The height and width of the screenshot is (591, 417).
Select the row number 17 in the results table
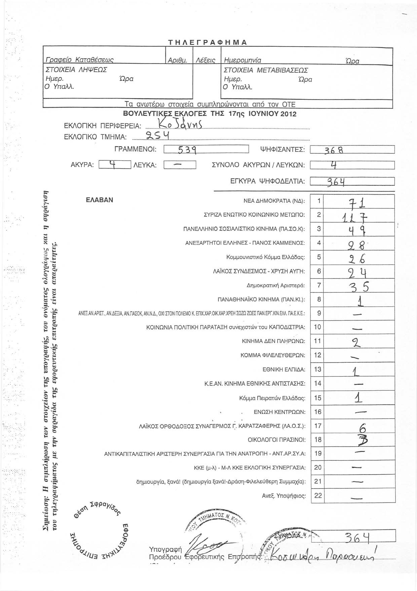[x=317, y=426]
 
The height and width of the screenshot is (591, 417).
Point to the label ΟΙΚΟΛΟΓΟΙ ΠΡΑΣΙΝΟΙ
[x=276, y=440]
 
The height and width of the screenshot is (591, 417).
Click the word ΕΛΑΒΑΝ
[x=100, y=200]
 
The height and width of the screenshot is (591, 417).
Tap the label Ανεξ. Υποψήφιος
[x=284, y=496]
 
